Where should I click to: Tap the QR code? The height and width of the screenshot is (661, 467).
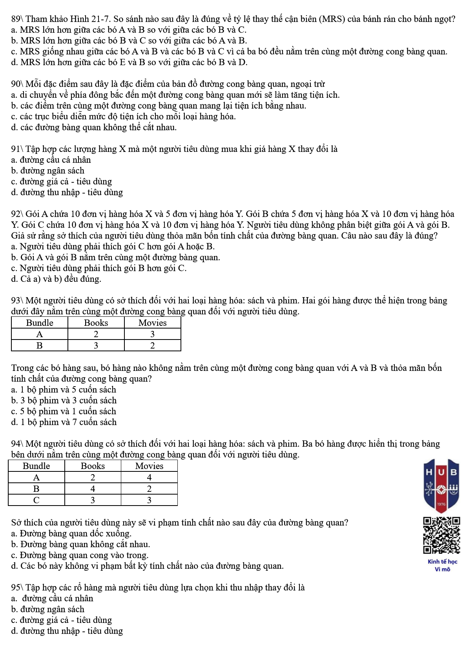pos(441,535)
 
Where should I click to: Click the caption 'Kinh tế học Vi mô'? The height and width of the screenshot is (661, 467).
pos(442,565)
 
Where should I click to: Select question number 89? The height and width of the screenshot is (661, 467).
pos(17,19)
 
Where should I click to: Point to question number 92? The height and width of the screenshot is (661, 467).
pos(17,214)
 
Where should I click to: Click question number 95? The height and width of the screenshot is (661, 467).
pos(17,587)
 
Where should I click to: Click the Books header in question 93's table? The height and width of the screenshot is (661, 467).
pos(96,323)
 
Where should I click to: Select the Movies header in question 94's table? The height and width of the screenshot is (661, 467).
pos(149,466)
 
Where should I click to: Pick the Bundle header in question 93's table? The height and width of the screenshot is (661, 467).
pos(39,323)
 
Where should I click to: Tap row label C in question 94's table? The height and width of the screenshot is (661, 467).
pos(36,500)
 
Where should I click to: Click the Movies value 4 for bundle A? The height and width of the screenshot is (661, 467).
pos(149,477)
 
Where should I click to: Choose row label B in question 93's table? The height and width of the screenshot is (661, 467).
pos(39,345)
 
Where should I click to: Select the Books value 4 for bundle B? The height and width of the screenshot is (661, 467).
pos(93,489)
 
